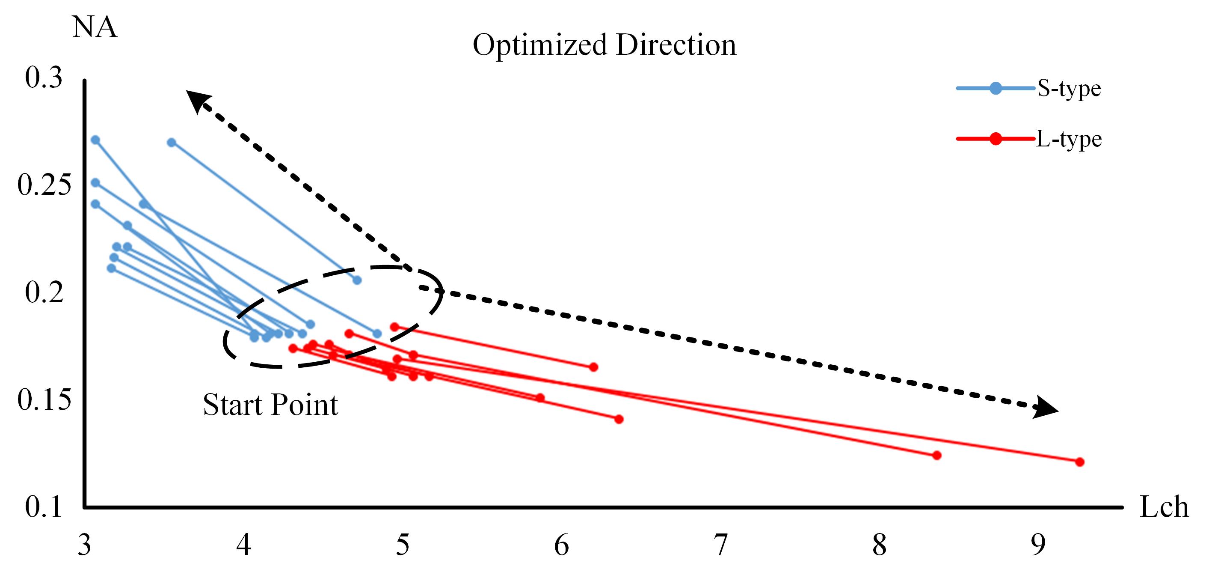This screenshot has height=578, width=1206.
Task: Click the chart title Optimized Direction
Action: pyautogui.click(x=604, y=45)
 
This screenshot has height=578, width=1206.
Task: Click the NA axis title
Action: pyautogui.click(x=94, y=27)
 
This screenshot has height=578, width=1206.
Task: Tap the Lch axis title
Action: pyautogui.click(x=1164, y=507)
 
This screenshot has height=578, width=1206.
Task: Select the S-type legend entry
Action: pyautogui.click(x=1068, y=89)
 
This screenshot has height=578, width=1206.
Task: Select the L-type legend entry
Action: pyautogui.click(x=1068, y=139)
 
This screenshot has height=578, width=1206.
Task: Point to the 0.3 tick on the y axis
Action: pyautogui.click(x=44, y=77)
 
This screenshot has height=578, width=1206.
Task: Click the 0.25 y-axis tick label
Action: pyautogui.click(x=44, y=185)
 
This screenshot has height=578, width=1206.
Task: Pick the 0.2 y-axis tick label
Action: pyautogui.click(x=44, y=292)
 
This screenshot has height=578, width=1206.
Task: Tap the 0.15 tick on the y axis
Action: pyautogui.click(x=44, y=399)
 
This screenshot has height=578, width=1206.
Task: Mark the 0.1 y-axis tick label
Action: pyautogui.click(x=44, y=507)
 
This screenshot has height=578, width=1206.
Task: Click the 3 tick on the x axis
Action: pyautogui.click(x=84, y=545)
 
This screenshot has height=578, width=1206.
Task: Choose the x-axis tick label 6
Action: pyautogui.click(x=561, y=545)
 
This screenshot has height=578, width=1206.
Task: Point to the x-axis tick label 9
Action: pyautogui.click(x=1038, y=545)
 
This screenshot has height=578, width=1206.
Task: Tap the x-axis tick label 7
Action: pyautogui.click(x=720, y=545)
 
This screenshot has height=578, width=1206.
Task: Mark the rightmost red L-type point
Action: pyautogui.click(x=1080, y=462)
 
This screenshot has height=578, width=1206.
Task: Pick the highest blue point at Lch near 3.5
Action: pyautogui.click(x=172, y=143)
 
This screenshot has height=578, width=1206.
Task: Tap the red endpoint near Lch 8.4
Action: pyautogui.click(x=936, y=455)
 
